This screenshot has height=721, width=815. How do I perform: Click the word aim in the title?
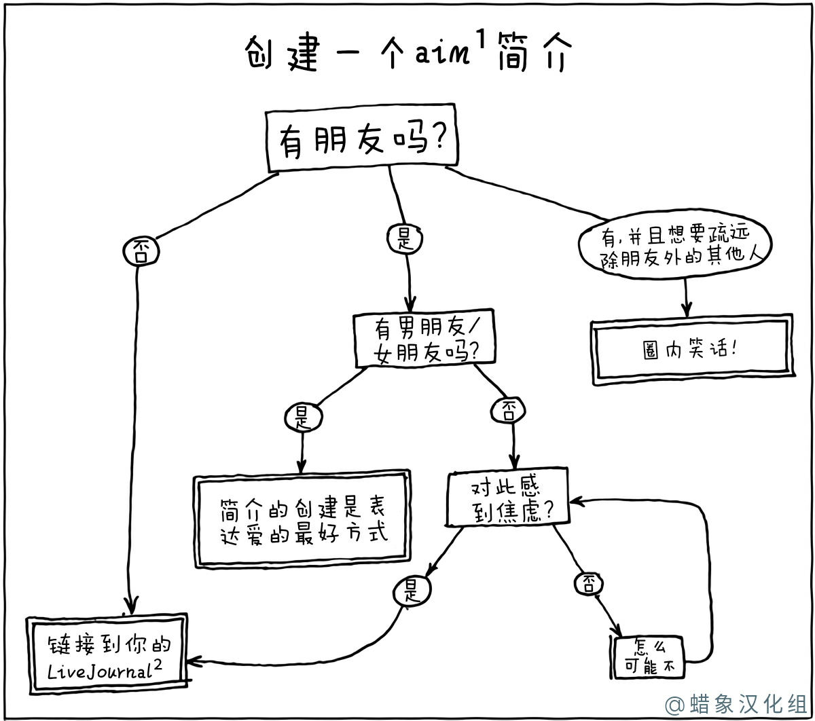tap(442, 53)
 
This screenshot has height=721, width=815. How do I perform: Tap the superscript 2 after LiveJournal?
tap(158, 664)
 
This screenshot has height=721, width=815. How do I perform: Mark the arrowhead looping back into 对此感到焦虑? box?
tap(576, 501)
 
